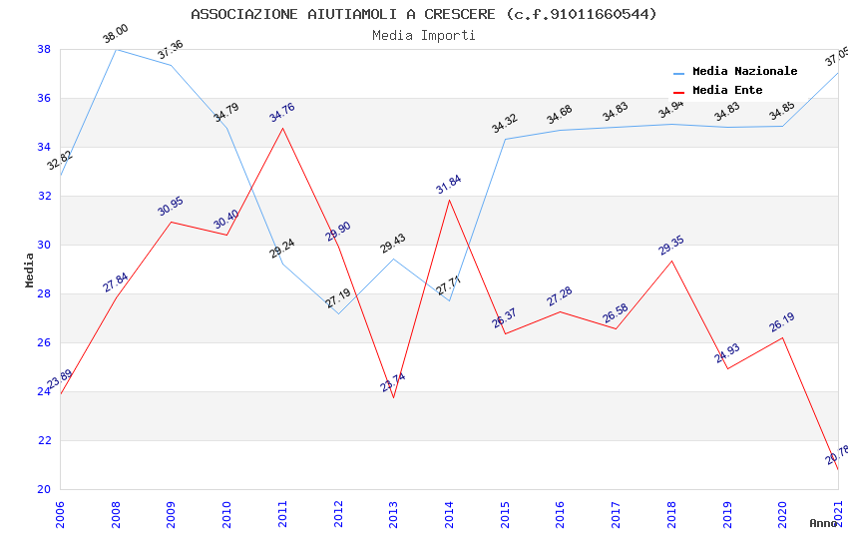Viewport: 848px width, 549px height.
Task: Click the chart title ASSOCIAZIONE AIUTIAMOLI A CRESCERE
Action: pos(423,14)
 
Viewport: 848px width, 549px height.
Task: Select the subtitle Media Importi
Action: pos(423,35)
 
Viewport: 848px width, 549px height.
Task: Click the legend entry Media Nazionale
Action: pos(744,71)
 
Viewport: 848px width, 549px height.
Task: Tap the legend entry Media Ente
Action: pos(727,90)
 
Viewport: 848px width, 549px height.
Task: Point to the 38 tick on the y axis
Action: pos(44,49)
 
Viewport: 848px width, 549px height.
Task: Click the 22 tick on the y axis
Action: pos(44,440)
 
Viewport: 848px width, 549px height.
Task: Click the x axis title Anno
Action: pos(823,523)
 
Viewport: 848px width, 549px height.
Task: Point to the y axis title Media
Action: pos(30,270)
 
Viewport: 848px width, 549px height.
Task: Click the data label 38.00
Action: pos(116,35)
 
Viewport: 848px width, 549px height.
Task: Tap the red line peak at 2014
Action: pos(450,200)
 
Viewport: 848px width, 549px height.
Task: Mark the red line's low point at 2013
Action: pos(393,398)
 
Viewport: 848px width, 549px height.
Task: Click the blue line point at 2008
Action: pos(117,49)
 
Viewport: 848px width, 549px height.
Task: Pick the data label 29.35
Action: pos(671,246)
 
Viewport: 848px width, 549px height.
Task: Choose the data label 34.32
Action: pos(505,124)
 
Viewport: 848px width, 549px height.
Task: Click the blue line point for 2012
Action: pos(338,313)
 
